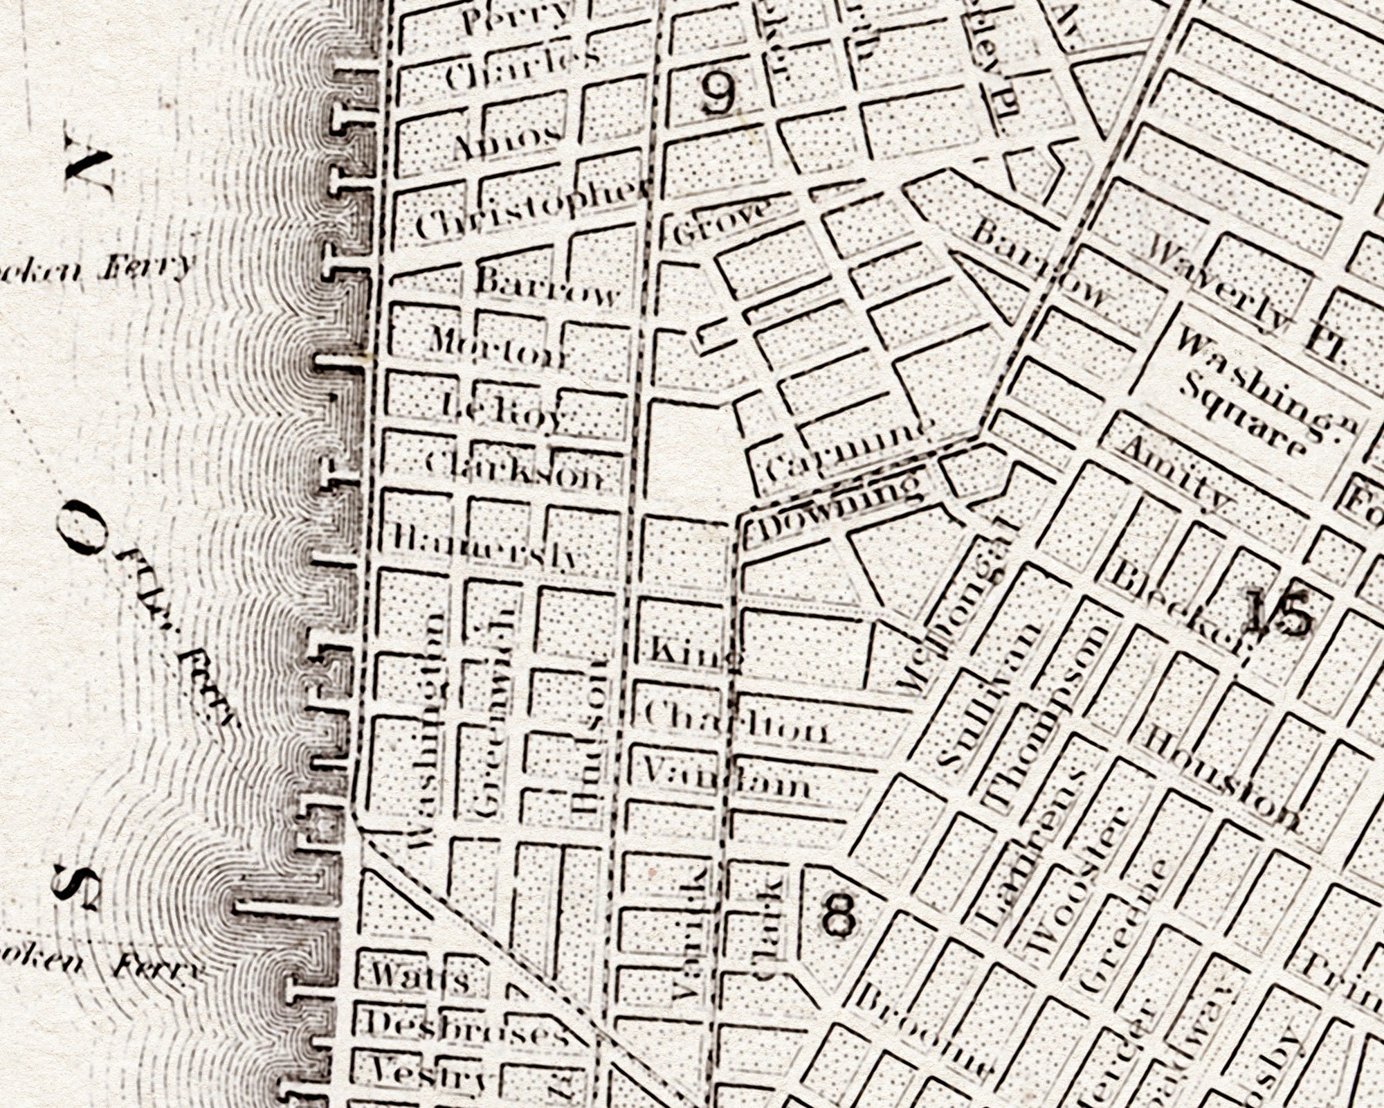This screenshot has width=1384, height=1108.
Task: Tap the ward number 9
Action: click(718, 93)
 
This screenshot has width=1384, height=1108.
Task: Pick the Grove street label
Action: click(720, 223)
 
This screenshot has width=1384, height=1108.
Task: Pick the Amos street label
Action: click(507, 141)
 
